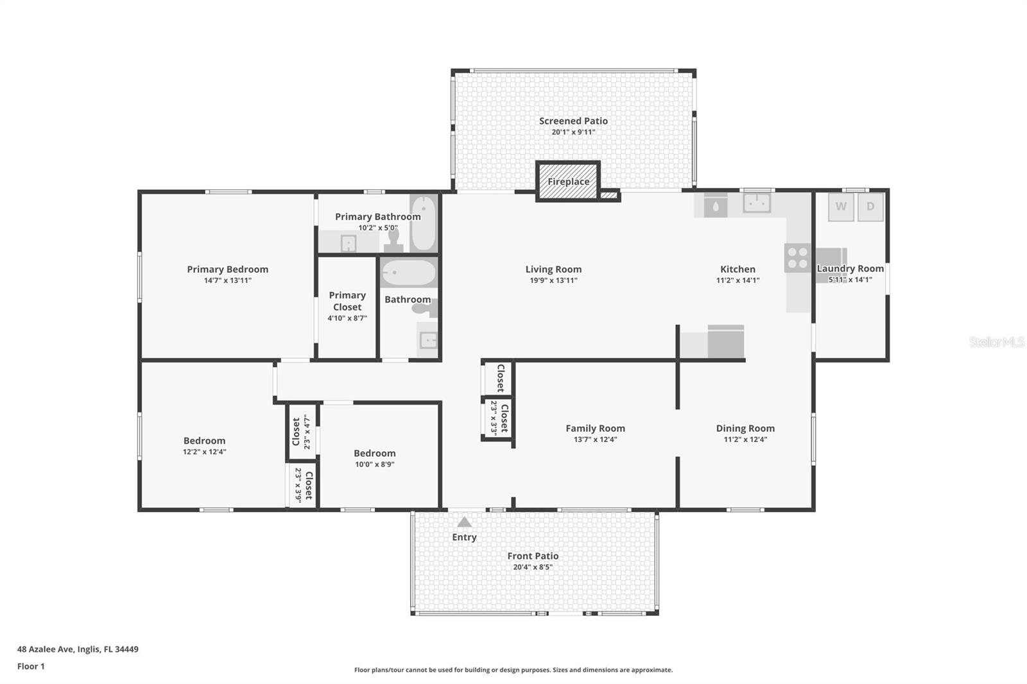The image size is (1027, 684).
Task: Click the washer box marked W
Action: pyautogui.click(x=841, y=207)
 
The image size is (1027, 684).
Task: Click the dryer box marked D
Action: pyautogui.click(x=870, y=207)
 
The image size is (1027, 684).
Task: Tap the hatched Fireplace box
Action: pyautogui.click(x=568, y=182)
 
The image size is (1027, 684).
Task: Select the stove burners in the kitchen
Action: pyautogui.click(x=798, y=257)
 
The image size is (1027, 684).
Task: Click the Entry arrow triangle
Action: pyautogui.click(x=464, y=522)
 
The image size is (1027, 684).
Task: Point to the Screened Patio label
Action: pyautogui.click(x=573, y=121)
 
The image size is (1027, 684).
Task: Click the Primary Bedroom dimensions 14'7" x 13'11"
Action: pyautogui.click(x=228, y=280)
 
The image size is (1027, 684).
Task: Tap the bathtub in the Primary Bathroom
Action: pyautogui.click(x=423, y=223)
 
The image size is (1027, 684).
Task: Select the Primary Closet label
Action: pyautogui.click(x=347, y=301)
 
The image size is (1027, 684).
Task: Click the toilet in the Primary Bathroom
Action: pyautogui.click(x=393, y=240)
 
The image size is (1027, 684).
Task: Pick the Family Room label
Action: pyautogui.click(x=595, y=428)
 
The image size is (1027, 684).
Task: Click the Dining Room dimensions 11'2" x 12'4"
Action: pyautogui.click(x=745, y=440)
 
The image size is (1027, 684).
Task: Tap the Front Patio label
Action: pyautogui.click(x=533, y=556)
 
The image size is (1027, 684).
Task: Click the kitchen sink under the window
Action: pyautogui.click(x=757, y=203)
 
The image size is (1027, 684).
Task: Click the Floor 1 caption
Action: pyautogui.click(x=31, y=666)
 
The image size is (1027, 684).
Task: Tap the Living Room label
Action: pyautogui.click(x=553, y=269)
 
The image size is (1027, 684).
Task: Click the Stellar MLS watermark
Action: pyautogui.click(x=996, y=342)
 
